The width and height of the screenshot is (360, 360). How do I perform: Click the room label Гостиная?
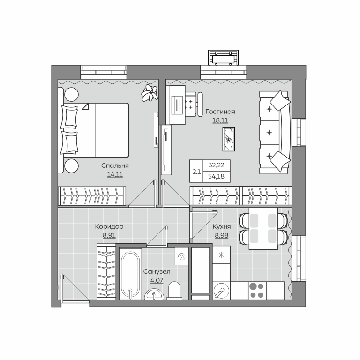pos(220,112)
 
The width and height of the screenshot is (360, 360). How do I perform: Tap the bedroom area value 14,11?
pos(115,174)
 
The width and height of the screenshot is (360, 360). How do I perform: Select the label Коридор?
pos(109,226)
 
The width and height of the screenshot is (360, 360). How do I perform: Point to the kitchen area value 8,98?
pos(222,235)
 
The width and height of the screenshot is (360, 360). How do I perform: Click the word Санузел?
pos(157,271)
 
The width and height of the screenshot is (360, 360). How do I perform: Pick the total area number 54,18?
pos(216,177)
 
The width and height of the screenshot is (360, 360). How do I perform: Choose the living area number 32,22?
pos(216,165)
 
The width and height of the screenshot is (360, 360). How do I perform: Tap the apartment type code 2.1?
pos(196,172)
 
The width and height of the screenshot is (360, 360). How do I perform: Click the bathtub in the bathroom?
pos(130,274)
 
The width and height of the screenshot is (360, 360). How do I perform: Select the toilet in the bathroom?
pos(174,291)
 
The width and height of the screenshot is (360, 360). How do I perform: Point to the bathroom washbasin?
pos(154,294)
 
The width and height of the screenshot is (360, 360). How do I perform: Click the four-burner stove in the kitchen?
pos(257,291)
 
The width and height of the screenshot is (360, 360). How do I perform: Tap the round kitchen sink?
pos(221,291)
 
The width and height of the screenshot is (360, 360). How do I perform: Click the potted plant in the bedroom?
pos(150,93)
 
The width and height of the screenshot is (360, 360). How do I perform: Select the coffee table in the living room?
pos(229,139)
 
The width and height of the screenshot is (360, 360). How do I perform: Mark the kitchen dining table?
pos(263,228)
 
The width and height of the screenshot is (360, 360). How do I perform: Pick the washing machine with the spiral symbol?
pos(182,256)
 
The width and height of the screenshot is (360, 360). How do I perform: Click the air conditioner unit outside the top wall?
pos(224,58)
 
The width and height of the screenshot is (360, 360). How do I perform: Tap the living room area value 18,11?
pos(220,120)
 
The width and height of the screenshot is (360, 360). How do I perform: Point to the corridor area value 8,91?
pos(109,235)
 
